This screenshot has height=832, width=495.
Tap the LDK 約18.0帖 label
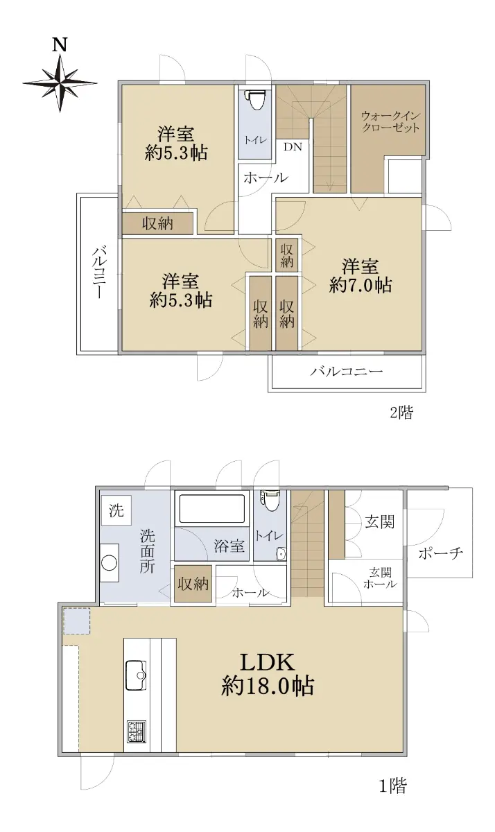click(x=268, y=674)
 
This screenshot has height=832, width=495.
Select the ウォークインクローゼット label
click(x=390, y=121)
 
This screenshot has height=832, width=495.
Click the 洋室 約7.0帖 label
click(x=361, y=277)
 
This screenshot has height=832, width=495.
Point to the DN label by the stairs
click(x=293, y=147)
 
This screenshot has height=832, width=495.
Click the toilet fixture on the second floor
click(x=256, y=98)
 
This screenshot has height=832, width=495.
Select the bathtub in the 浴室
click(x=211, y=508)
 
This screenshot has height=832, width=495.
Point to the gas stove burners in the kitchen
click(x=137, y=731)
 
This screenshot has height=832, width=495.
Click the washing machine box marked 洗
click(x=116, y=511)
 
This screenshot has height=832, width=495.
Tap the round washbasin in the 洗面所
click(x=109, y=563)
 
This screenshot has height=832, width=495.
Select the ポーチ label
click(x=440, y=553)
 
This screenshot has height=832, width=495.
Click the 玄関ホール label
click(x=380, y=578)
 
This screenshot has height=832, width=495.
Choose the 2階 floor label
click(x=401, y=413)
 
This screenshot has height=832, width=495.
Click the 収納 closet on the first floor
click(x=193, y=584)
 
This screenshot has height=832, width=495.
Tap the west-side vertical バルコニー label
click(x=99, y=273)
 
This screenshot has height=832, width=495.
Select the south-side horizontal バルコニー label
click(x=347, y=371)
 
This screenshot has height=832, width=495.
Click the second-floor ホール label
click(x=266, y=177)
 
